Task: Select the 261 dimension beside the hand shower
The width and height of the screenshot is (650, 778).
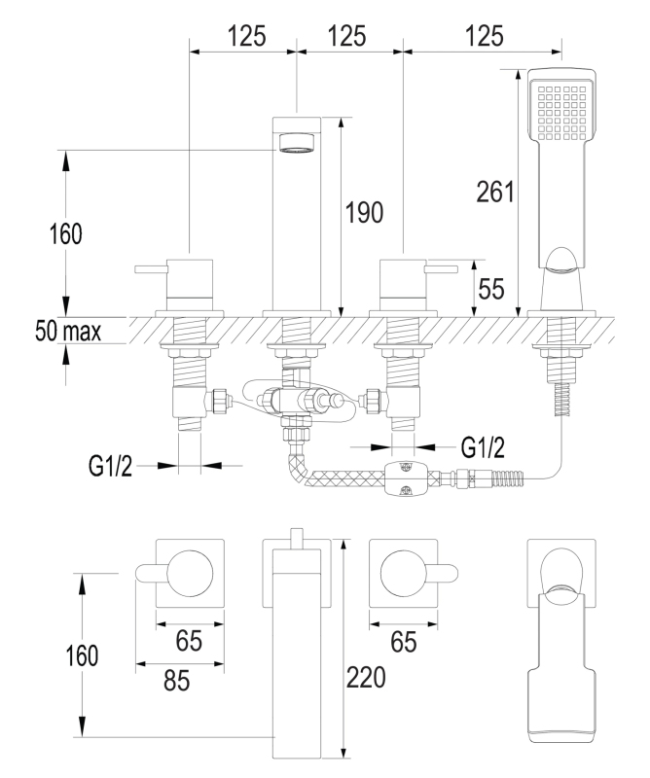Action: point(496,193)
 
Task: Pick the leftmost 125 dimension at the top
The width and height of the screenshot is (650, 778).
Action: point(247,37)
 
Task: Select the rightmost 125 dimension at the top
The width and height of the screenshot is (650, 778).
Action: point(485,37)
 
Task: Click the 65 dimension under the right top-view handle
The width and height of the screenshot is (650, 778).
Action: point(405,642)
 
